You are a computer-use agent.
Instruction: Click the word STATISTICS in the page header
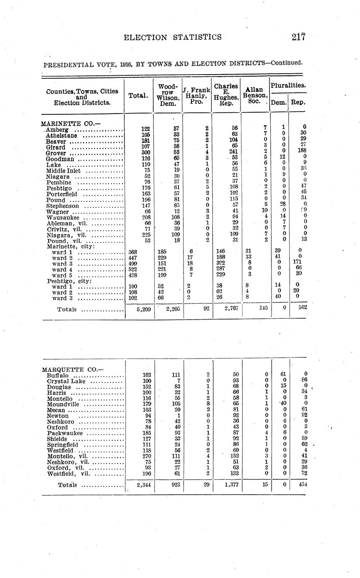coord(197,37)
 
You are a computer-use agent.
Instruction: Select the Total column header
coord(138,95)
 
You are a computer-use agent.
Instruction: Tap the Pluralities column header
coord(288,85)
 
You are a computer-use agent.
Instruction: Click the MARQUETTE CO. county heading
coord(70,369)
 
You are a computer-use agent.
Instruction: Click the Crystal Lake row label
coord(67,381)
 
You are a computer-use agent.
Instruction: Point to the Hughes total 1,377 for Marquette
coord(228,485)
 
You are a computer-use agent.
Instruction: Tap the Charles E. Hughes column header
coord(226,95)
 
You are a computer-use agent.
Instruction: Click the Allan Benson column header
coord(254,95)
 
